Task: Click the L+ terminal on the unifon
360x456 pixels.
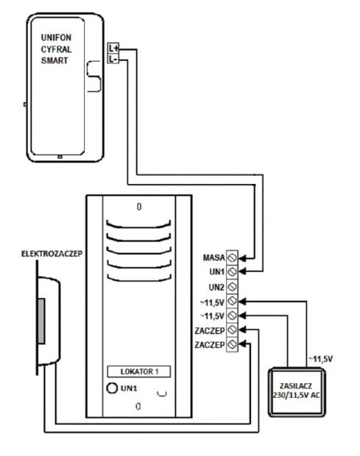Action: [113, 49]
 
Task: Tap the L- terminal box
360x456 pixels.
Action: [113, 60]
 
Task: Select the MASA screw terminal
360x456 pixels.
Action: [232, 257]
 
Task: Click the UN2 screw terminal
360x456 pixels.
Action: [232, 287]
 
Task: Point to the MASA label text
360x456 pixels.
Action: [214, 257]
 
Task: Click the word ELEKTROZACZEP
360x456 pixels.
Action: [52, 254]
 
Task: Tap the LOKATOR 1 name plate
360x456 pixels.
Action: [139, 371]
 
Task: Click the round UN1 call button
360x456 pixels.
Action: [112, 388]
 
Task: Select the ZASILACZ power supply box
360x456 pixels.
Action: [297, 392]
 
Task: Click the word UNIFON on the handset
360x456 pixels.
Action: [56, 38]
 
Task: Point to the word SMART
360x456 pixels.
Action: [54, 60]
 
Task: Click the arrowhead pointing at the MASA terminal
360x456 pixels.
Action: [242, 257]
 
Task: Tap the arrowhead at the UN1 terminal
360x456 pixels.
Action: [242, 271]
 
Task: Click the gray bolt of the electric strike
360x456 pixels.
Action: [41, 321]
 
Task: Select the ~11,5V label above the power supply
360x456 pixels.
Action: [320, 359]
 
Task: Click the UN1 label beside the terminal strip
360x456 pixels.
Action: [217, 272]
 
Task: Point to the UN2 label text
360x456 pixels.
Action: [217, 288]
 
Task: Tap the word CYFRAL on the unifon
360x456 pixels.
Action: [56, 49]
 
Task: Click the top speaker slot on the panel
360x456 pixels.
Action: [138, 226]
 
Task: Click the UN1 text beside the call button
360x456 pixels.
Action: [129, 388]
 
